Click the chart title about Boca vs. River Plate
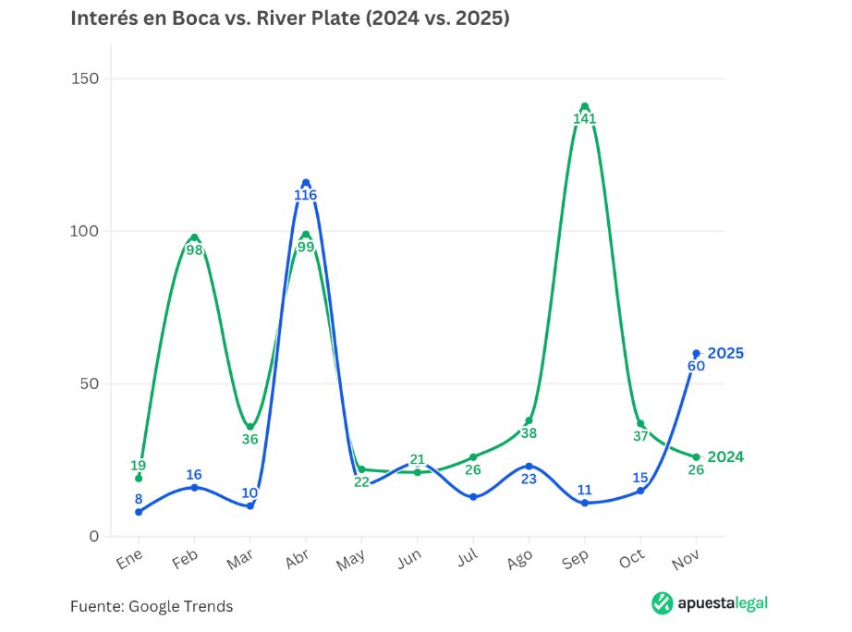coord(290,18)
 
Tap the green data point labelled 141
coord(584,106)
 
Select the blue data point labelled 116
coord(306,183)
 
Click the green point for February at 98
coord(194,237)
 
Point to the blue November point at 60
coord(696,353)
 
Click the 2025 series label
coord(725,353)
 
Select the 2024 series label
coord(725,457)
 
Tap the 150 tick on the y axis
coord(86,79)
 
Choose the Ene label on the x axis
coord(130,560)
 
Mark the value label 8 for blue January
coord(139,499)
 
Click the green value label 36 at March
coord(250,440)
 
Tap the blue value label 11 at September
coord(584,490)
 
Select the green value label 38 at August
coord(529,433)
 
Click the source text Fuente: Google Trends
coord(152,606)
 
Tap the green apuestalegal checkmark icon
coord(662,603)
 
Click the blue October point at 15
coord(640,491)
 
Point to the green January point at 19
coord(139,478)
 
